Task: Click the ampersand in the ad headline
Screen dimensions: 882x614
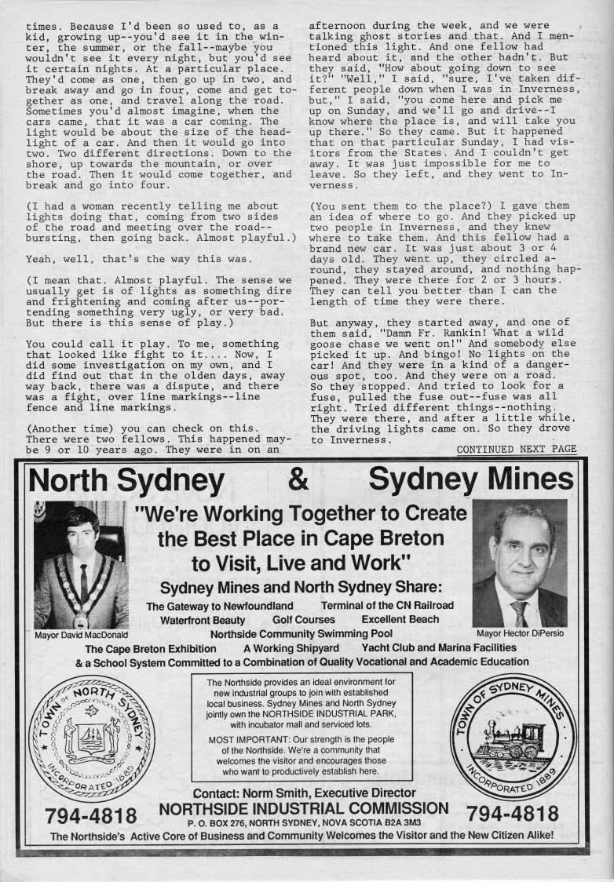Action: pyautogui.click(x=298, y=479)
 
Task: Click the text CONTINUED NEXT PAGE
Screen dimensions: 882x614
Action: pyautogui.click(x=516, y=450)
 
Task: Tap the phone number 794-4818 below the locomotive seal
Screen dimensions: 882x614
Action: pyautogui.click(x=513, y=813)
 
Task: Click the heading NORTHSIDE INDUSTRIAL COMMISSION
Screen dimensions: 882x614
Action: pyautogui.click(x=304, y=808)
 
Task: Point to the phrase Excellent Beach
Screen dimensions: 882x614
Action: pyautogui.click(x=400, y=619)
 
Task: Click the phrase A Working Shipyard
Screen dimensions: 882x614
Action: pyautogui.click(x=291, y=648)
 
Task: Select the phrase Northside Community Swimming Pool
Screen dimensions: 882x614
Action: pyautogui.click(x=302, y=633)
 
